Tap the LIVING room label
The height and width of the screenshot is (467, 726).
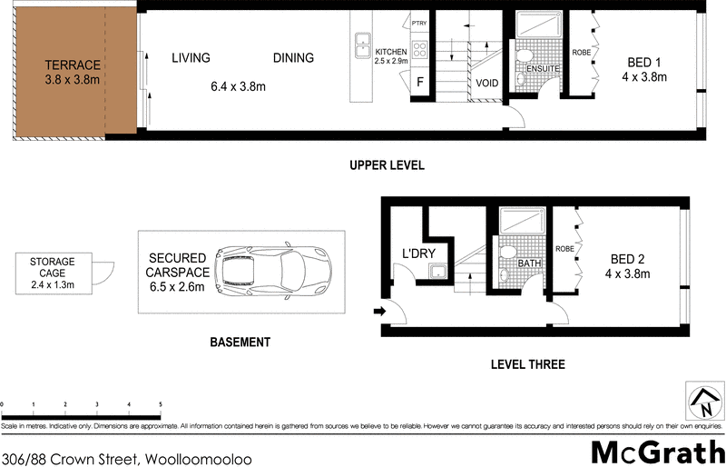(x=191, y=58)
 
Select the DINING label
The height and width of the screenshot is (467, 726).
(x=293, y=58)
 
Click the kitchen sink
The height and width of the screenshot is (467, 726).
(x=361, y=40)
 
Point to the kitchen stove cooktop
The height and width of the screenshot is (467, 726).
(x=419, y=49)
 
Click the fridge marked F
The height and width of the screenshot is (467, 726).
(x=419, y=83)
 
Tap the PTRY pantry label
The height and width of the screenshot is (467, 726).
(x=418, y=23)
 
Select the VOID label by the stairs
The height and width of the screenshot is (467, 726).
(x=486, y=83)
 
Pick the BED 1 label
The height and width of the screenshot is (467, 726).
(x=644, y=63)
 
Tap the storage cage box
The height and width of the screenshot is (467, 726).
(x=53, y=273)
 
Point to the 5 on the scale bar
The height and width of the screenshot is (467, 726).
(x=161, y=404)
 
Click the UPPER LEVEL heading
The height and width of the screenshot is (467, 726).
(x=388, y=166)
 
